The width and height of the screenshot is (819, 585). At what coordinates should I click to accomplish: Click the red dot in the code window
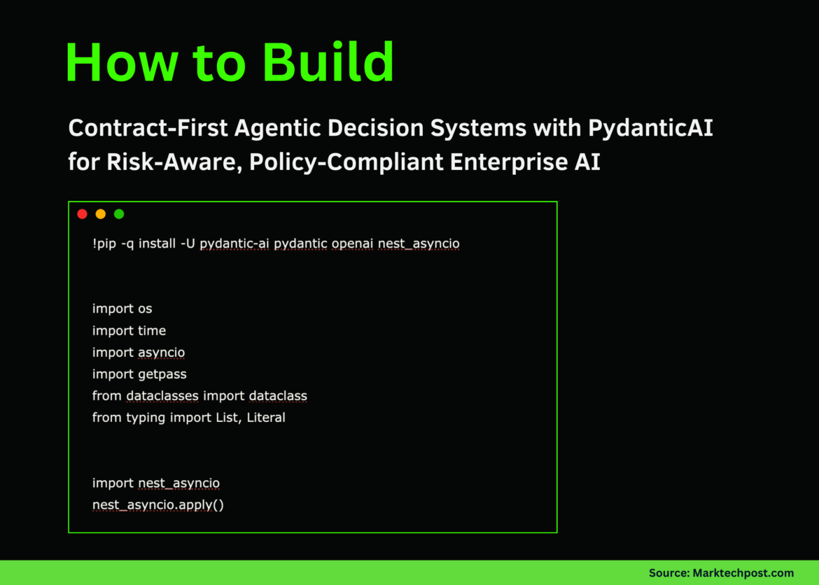[x=82, y=214]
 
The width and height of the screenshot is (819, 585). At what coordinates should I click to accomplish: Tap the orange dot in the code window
[x=100, y=214]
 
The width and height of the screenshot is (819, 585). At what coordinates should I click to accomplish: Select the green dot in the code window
[x=119, y=214]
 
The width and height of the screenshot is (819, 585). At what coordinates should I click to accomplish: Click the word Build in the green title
[x=328, y=63]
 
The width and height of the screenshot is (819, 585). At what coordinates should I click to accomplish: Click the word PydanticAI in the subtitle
[x=650, y=129]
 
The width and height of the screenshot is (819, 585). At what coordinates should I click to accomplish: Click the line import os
[x=122, y=309]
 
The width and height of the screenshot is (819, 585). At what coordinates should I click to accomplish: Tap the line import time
[x=129, y=330]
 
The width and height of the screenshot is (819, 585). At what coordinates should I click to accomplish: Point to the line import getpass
[x=139, y=374]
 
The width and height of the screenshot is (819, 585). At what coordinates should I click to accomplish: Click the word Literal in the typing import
[x=266, y=418]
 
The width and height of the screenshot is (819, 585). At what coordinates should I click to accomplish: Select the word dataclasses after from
[x=162, y=396]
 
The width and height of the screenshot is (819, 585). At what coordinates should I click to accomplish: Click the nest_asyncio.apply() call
[x=157, y=505]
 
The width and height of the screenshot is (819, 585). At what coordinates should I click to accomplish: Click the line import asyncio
[x=139, y=352]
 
